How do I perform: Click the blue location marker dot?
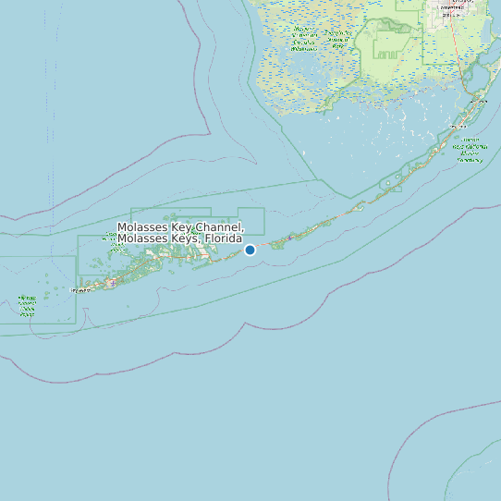point(250,250)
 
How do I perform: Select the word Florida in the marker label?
point(225,238)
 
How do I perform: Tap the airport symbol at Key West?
point(113,283)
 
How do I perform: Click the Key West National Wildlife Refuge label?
point(27,306)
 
